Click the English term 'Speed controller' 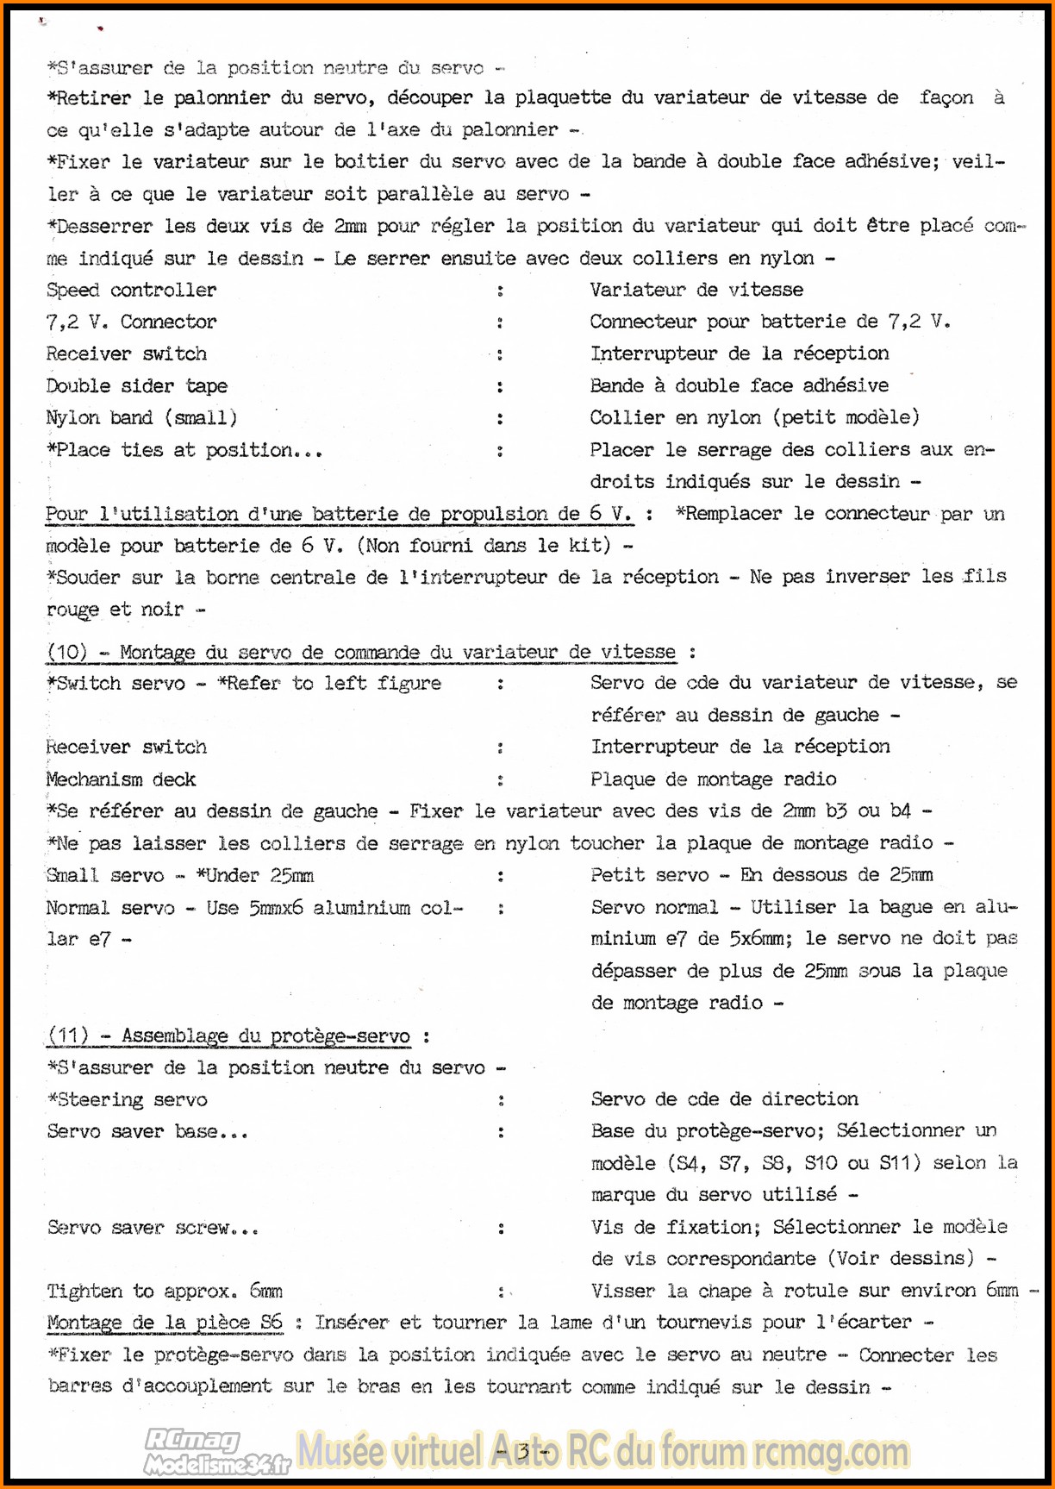(131, 291)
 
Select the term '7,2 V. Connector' (131, 322)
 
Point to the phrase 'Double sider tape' (136, 386)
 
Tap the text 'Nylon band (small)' (141, 418)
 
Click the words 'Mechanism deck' (121, 779)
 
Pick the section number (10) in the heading (66, 652)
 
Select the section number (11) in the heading (68, 1035)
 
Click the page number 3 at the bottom (523, 1450)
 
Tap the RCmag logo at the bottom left (215, 1452)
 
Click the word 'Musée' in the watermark (340, 1451)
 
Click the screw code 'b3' (835, 811)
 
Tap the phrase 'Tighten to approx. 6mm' (164, 1292)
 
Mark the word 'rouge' (72, 610)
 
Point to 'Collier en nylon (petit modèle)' (754, 418)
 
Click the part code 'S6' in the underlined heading (271, 1323)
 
